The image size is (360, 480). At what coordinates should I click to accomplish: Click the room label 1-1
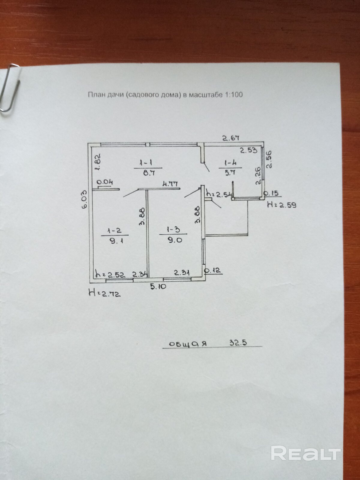[x=147, y=163]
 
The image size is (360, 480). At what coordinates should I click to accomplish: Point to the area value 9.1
[x=115, y=241]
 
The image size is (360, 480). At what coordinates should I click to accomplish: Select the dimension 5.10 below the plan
[x=158, y=286]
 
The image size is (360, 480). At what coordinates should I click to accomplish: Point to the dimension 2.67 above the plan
[x=231, y=138]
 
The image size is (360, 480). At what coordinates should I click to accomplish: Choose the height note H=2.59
[x=282, y=205]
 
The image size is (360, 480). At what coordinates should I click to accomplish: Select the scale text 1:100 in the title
[x=233, y=95]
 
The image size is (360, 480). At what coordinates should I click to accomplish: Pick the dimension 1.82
[x=98, y=162]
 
